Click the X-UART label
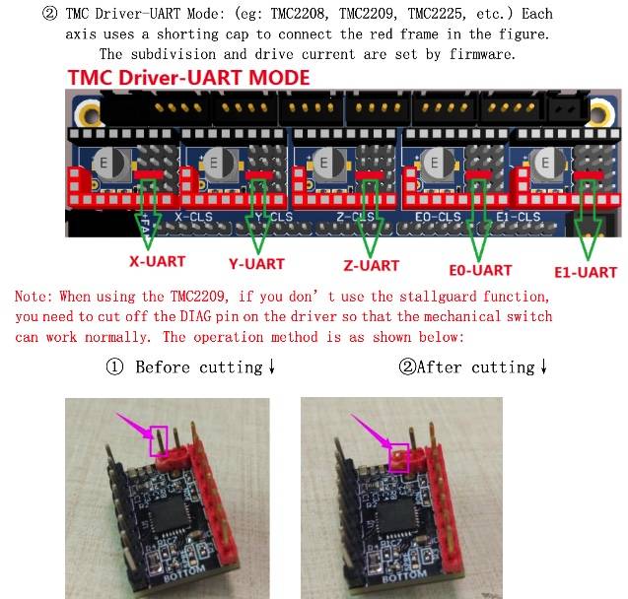tap(158, 261)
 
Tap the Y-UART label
tap(256, 264)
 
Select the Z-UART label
tap(372, 265)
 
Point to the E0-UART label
tap(481, 270)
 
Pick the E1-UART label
tap(586, 272)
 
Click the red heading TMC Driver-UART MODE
tap(188, 77)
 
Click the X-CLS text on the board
tap(193, 217)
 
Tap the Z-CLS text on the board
tap(355, 217)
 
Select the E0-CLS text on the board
tap(438, 217)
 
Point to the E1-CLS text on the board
tap(519, 217)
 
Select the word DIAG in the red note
tap(195, 316)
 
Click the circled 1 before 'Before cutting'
tap(114, 366)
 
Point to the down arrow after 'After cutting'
tap(543, 366)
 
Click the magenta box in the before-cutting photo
tap(159, 441)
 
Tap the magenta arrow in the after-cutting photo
tap(371, 431)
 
